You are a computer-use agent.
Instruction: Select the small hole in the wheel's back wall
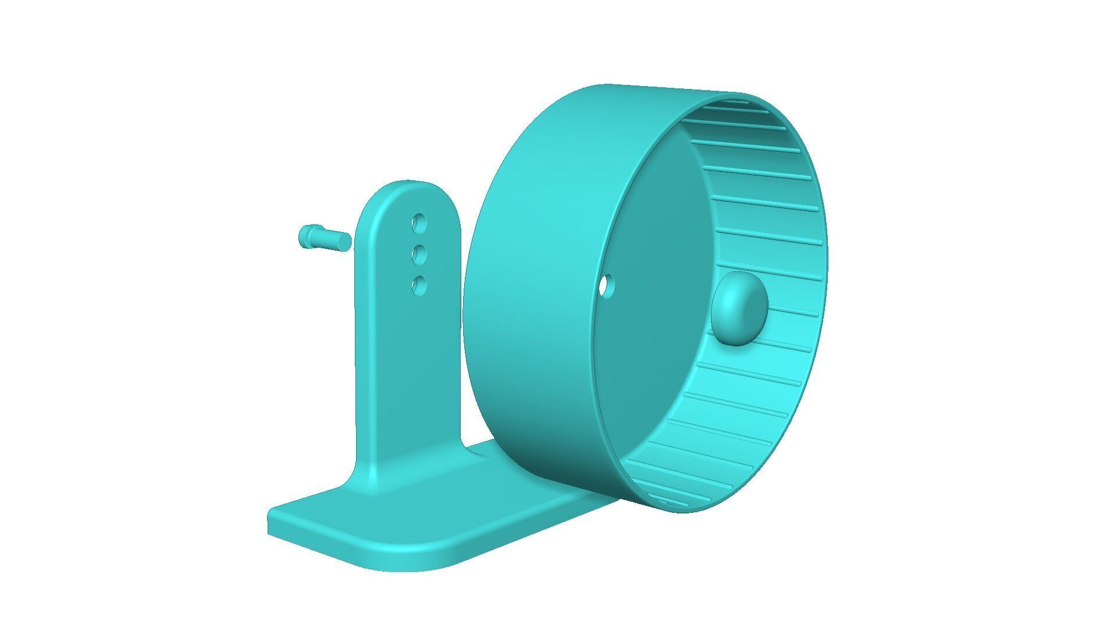click(x=607, y=286)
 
